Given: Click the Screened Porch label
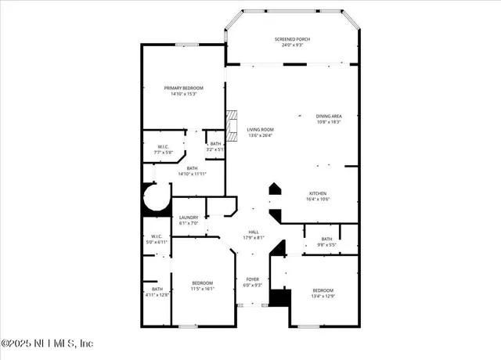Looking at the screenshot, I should point(291,39).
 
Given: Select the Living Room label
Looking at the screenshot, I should point(260,130).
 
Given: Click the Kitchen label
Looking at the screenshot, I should point(317,193).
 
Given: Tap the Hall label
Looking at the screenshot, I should point(254,232).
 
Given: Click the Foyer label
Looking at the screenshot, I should point(253,279).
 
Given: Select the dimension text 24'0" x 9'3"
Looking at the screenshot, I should point(291,45).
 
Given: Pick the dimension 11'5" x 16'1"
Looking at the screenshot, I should point(203,289).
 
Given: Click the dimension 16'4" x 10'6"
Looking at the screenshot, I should point(317,199).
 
